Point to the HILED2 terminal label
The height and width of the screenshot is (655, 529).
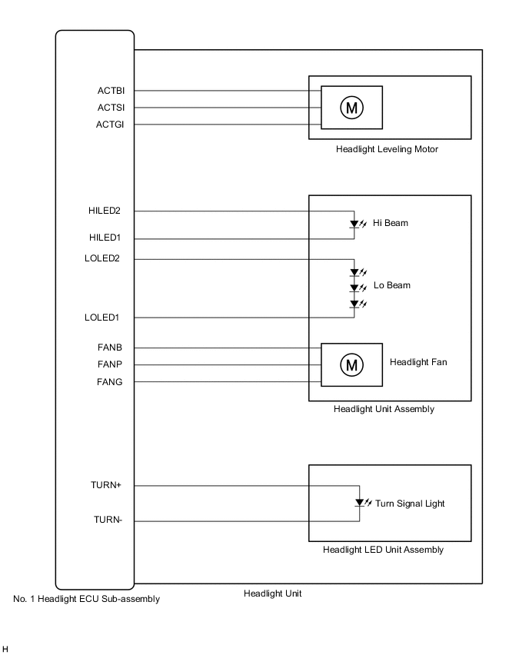(x=105, y=211)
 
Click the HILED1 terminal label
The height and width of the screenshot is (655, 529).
(x=105, y=238)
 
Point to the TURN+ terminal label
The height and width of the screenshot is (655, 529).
(x=107, y=486)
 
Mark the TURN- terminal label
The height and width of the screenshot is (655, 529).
(x=108, y=521)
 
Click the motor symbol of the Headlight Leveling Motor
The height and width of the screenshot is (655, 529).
(x=351, y=108)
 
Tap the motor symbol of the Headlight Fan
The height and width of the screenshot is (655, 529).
(x=351, y=364)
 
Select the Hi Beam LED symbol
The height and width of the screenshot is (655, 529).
(x=354, y=224)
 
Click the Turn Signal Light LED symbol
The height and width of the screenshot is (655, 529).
(x=359, y=504)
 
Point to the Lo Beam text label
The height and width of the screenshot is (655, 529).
(x=392, y=285)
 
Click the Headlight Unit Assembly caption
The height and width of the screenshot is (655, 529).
(x=384, y=409)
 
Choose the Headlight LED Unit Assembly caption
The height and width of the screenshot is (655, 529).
(x=382, y=550)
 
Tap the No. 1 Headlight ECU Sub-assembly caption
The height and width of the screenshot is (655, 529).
(x=87, y=599)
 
